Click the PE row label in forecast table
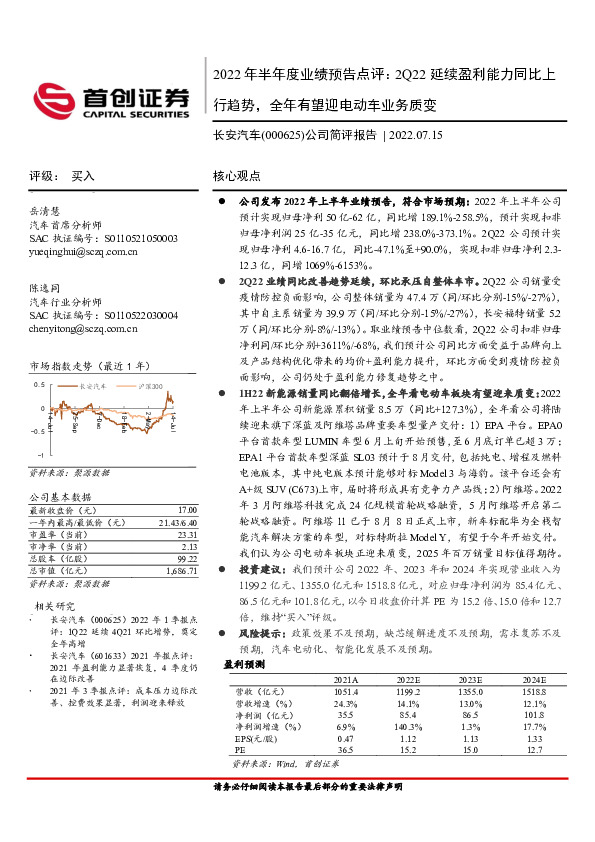coord(227,779)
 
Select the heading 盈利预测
coord(242,692)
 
